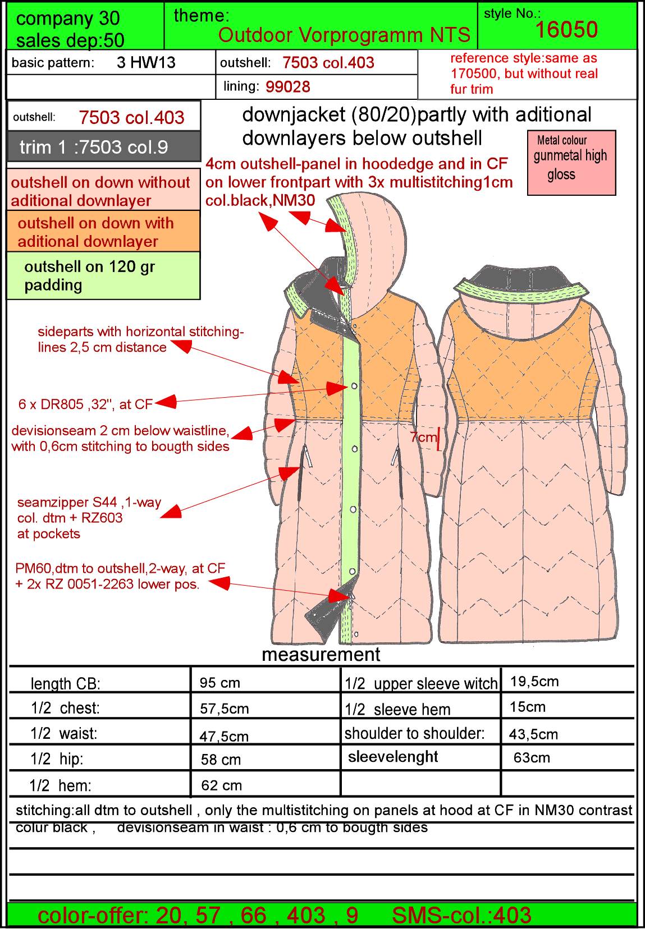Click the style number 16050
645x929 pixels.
click(x=566, y=30)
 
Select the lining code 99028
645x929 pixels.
click(x=287, y=87)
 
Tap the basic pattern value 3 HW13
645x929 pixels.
click(x=146, y=63)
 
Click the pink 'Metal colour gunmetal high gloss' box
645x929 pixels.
click(x=571, y=163)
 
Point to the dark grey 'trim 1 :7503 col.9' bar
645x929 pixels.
click(x=104, y=147)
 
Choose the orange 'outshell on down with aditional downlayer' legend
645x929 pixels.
click(x=103, y=232)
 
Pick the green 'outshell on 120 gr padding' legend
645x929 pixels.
click(x=103, y=276)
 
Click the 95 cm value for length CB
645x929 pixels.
click(x=219, y=683)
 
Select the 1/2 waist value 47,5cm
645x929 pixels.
click(x=224, y=737)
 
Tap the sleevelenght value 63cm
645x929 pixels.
click(x=531, y=758)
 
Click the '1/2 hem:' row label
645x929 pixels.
click(x=60, y=785)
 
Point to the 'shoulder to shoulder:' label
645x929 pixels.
click(x=414, y=734)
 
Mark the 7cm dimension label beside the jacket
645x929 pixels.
click(x=423, y=437)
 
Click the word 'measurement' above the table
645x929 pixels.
click(x=321, y=655)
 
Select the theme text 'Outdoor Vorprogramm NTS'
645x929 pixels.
click(x=344, y=35)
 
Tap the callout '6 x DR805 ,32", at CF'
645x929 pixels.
click(x=85, y=404)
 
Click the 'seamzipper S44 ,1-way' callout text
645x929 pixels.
click(x=89, y=502)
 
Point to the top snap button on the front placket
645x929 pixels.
click(x=354, y=386)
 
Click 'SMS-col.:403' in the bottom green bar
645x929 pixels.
click(x=461, y=916)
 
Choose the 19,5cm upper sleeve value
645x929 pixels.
click(x=534, y=682)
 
